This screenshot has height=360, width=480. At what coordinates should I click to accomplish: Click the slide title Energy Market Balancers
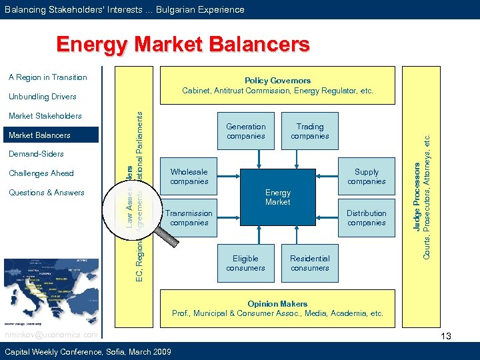(183, 45)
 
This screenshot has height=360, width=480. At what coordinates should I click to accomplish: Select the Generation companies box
(246, 131)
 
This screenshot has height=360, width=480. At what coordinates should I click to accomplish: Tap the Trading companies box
(310, 131)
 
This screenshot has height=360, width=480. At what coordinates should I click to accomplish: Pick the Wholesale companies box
(189, 177)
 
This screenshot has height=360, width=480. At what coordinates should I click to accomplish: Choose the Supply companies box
(366, 177)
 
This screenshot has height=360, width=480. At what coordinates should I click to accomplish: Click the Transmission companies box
(189, 218)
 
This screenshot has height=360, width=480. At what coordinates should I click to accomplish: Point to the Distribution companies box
(366, 218)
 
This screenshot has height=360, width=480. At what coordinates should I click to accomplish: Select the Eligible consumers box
(246, 263)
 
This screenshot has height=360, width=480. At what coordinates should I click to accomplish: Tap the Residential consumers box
(310, 263)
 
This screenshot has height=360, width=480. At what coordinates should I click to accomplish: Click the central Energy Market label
(277, 197)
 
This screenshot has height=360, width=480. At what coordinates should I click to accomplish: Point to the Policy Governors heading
(277, 81)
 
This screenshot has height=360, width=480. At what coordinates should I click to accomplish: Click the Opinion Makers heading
(277, 304)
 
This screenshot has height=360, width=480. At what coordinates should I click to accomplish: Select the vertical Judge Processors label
(417, 193)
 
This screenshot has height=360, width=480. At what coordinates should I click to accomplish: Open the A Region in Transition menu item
(48, 77)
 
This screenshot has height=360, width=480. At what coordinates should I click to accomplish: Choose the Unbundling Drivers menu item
(43, 97)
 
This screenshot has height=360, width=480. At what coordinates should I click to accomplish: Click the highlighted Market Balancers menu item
(39, 135)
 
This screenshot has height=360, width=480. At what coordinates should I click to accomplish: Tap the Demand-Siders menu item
(36, 154)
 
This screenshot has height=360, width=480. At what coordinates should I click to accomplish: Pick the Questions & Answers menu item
(47, 193)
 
